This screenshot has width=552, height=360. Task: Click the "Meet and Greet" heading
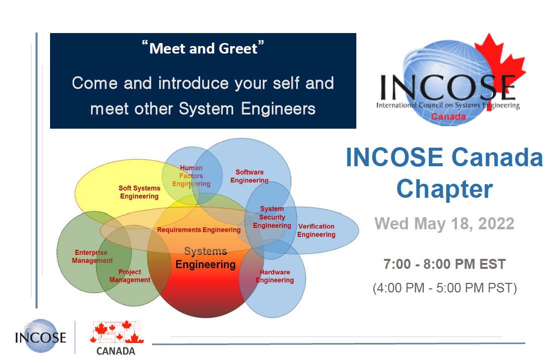click(x=203, y=49)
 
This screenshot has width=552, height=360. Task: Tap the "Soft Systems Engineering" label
click(x=139, y=192)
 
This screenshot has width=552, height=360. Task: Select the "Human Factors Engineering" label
click(x=191, y=176)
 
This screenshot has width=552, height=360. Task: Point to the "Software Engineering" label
click(x=249, y=176)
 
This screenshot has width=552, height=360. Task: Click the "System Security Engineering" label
click(x=272, y=217)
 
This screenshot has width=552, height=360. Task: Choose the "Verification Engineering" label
click(x=316, y=230)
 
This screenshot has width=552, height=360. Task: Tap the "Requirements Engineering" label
click(x=199, y=230)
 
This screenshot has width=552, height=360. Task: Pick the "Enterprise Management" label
click(x=92, y=256)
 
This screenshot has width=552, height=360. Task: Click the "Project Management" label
click(x=130, y=276)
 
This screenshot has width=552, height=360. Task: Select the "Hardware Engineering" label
click(x=274, y=276)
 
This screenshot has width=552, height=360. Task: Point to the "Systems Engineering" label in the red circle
click(x=205, y=258)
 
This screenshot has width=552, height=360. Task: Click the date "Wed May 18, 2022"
click(x=444, y=223)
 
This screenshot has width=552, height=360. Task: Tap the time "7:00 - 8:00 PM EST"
click(x=444, y=264)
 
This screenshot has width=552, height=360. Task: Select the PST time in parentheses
click(x=444, y=288)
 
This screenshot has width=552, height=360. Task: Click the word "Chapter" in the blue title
click(x=444, y=189)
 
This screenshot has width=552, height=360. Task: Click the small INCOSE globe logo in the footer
click(x=40, y=336)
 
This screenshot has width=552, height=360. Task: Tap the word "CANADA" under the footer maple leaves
click(x=116, y=351)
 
